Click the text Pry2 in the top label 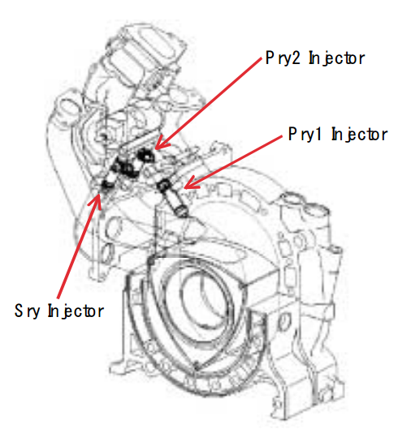tap(283, 58)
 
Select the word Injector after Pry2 tap(337, 58)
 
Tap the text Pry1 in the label tap(305, 135)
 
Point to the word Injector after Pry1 tap(360, 135)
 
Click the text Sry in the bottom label tap(27, 311)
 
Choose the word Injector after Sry tap(76, 311)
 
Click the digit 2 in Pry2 tap(296, 58)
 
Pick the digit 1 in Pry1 tap(318, 134)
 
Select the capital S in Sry tap(18, 311)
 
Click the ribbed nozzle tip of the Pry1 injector tap(182, 212)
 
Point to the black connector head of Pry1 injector tap(163, 184)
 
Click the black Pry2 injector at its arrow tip tap(145, 156)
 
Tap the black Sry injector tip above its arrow tap(106, 185)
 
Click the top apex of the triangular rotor tap(151, 261)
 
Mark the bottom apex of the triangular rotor tap(196, 367)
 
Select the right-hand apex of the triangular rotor tap(243, 285)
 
